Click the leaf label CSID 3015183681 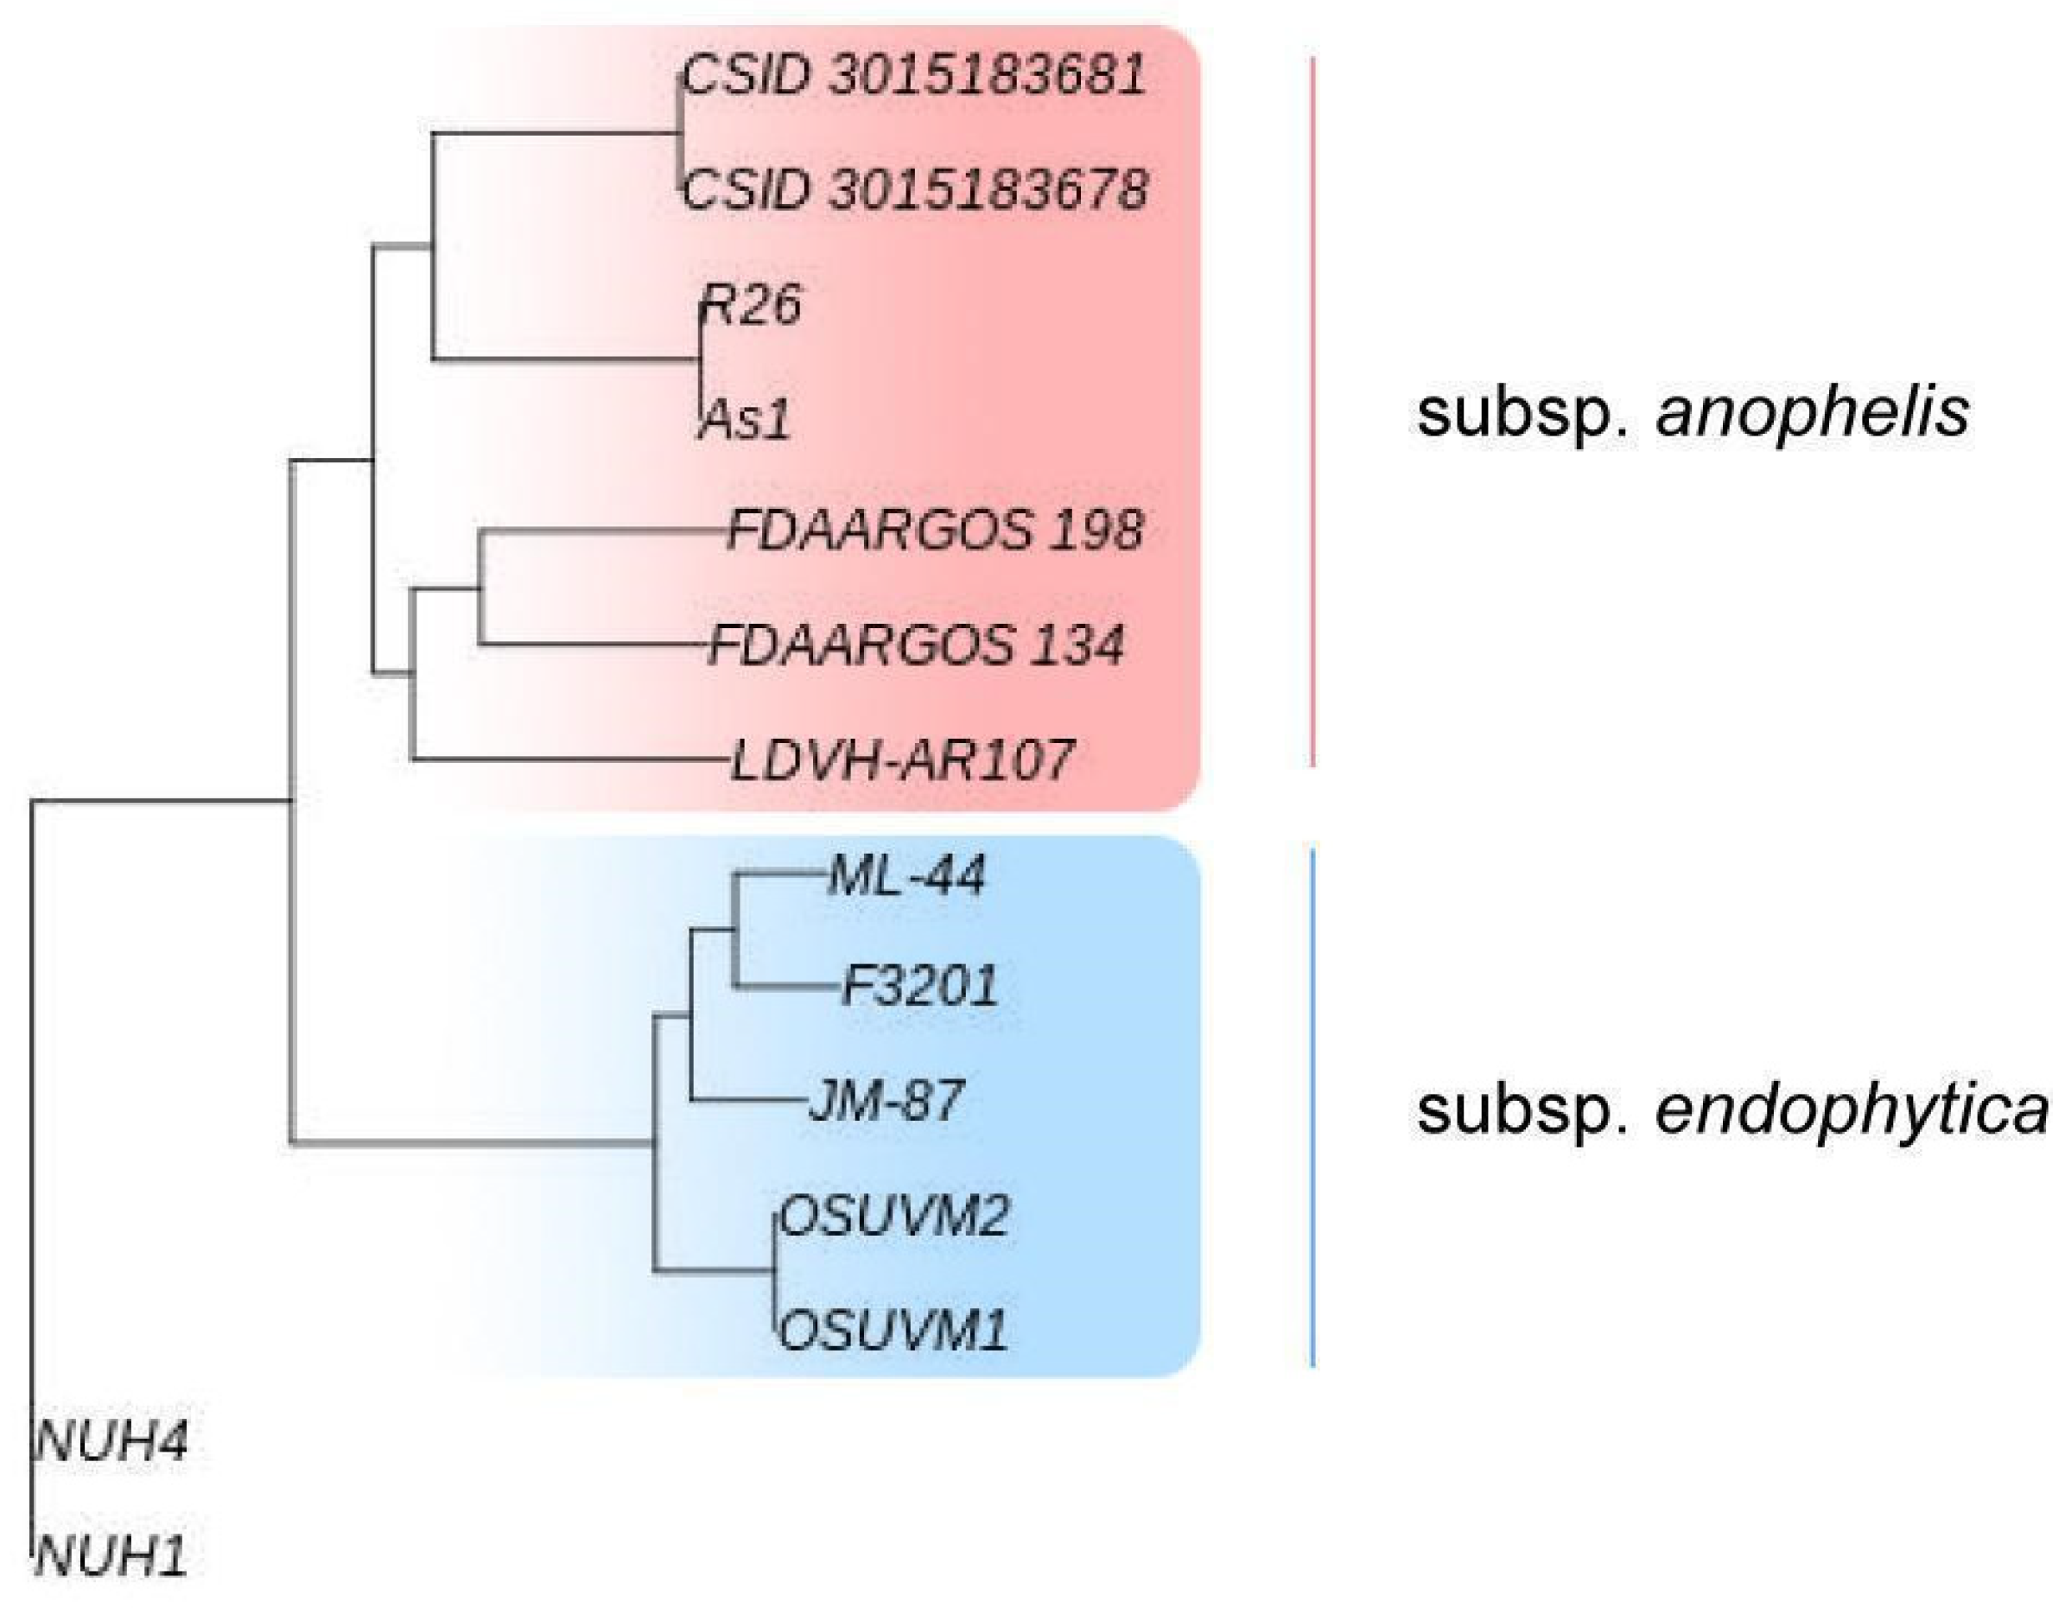(913, 76)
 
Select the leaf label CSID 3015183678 (913, 190)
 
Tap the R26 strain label (751, 304)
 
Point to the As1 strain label (745, 420)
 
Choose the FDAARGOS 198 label (935, 531)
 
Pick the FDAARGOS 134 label (916, 646)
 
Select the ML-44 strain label (906, 875)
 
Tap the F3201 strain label (919, 987)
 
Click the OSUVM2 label (893, 1217)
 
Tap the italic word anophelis (1813, 413)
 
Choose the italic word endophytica (1852, 1111)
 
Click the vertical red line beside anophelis (1312, 411)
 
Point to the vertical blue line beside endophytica (1312, 1107)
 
